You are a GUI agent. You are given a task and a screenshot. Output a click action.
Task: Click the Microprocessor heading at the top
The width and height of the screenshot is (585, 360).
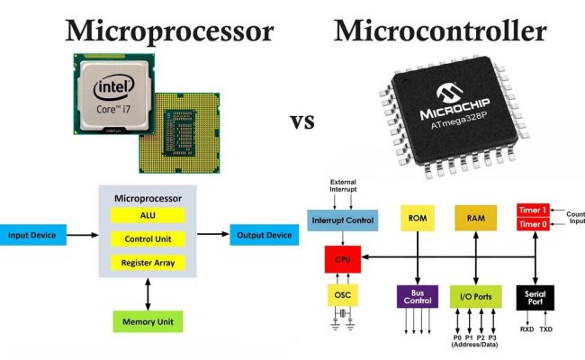[168, 33]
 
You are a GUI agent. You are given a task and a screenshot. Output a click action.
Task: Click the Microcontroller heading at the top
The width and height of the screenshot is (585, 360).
[440, 33]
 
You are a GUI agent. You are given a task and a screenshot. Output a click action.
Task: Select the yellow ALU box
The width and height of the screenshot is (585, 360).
[148, 216]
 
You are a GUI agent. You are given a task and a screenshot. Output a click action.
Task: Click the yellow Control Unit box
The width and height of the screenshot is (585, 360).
[148, 239]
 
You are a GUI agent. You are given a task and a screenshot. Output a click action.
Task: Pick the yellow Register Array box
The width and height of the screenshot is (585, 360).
[148, 263]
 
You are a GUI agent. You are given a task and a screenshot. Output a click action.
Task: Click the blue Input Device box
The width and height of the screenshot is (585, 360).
[32, 236]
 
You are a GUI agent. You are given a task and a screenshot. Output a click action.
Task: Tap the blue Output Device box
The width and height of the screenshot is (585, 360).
[264, 236]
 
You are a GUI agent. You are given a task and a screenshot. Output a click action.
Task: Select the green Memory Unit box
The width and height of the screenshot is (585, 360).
[148, 321]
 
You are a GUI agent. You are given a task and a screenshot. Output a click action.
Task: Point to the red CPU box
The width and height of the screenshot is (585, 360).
[342, 257]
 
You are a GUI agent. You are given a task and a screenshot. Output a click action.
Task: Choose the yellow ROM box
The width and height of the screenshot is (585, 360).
[417, 219]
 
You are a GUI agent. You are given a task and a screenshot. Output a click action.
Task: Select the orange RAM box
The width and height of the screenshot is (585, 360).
[475, 219]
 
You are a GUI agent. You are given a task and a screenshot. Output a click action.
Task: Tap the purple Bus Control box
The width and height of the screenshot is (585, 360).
[417, 296]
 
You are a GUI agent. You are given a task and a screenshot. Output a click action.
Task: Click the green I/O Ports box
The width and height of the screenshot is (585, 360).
[475, 296]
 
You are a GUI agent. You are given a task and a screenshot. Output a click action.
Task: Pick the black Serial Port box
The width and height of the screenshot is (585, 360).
[535, 296]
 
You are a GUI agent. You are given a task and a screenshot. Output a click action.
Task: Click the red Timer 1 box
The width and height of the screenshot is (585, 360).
[533, 209]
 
